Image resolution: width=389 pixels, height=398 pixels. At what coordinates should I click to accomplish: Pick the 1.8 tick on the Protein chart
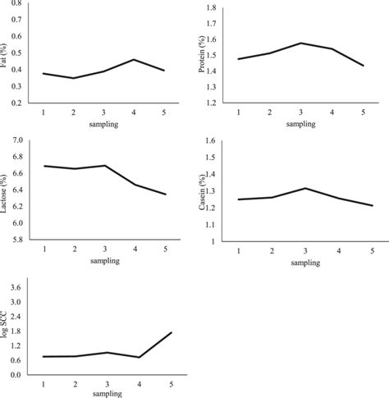(x=212, y=8)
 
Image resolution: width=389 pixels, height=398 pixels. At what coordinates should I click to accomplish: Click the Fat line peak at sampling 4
(x=134, y=59)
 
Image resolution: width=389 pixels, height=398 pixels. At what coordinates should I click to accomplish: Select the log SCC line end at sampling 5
(x=171, y=332)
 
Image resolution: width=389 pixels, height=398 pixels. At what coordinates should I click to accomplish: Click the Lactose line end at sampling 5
(x=167, y=194)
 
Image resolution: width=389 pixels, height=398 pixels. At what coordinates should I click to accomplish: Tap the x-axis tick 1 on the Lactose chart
(x=43, y=249)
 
